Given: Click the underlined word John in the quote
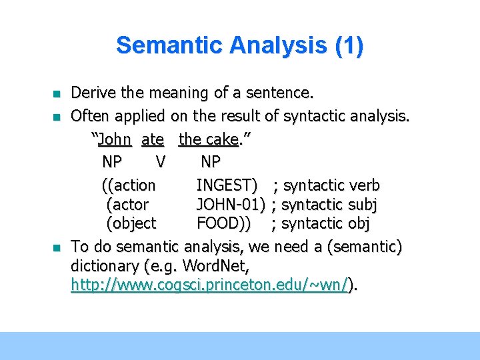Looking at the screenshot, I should coord(115,140).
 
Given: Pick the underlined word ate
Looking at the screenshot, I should coord(153,140).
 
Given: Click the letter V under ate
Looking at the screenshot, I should coord(160,162).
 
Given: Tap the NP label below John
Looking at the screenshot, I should coord(112,162).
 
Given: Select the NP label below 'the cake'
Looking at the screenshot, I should coord(210,162).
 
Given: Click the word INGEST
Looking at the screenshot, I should coord(227,185).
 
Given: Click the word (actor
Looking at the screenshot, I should coord(127,204).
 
